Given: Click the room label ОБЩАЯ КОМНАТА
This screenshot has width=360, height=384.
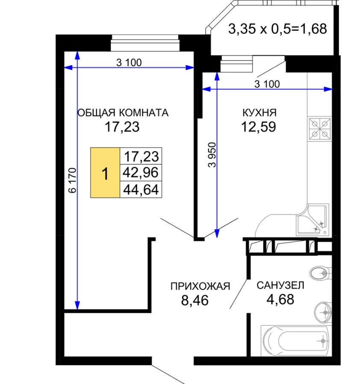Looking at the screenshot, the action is (123, 113).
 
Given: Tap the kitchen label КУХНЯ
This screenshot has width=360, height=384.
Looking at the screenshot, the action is (259, 113).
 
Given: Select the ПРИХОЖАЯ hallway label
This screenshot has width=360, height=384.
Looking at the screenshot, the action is (200, 286).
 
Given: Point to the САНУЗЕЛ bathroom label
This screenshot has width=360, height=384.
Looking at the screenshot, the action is (280, 285).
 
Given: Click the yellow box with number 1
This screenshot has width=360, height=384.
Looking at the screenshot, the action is (105, 173).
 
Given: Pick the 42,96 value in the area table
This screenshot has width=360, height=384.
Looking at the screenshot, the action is (141, 173).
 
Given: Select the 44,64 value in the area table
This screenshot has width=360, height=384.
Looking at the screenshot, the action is (141, 190).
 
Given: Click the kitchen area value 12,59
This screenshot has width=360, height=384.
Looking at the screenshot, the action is (259, 127).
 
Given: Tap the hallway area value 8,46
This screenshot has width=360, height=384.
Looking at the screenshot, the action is (195, 300).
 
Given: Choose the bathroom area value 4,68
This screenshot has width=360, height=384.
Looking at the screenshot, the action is (280, 299).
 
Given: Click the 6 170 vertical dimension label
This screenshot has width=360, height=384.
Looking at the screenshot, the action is (73, 180).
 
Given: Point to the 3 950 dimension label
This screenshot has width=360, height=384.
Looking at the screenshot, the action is (212, 155).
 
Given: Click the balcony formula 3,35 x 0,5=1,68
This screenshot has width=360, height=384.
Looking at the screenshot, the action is (277, 29).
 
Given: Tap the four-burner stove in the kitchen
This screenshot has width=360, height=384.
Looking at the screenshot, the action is (319, 129).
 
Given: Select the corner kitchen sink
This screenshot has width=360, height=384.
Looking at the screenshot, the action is (313, 220).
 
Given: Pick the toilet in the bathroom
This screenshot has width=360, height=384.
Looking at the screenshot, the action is (321, 273).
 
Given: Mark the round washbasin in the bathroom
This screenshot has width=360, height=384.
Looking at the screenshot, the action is (323, 312).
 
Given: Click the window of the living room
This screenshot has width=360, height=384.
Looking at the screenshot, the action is (145, 43).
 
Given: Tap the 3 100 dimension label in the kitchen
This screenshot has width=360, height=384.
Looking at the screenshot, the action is (267, 84).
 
